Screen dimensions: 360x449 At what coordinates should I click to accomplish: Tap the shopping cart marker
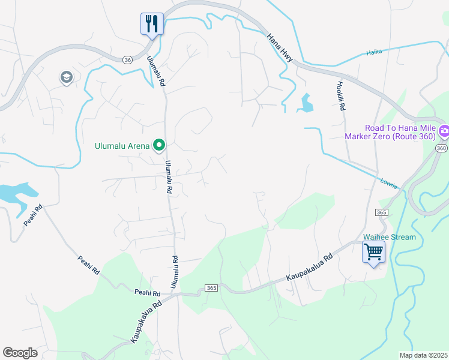(x=373, y=252)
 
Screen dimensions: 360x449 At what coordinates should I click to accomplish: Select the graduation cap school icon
(x=66, y=77)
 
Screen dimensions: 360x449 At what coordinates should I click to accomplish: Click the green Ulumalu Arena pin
(x=160, y=145)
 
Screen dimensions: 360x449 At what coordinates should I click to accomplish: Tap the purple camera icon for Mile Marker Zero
(x=444, y=130)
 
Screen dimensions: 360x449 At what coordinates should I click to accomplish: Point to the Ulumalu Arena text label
(x=122, y=145)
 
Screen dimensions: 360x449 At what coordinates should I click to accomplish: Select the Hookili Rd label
(x=340, y=96)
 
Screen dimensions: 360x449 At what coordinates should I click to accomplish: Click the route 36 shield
(x=127, y=60)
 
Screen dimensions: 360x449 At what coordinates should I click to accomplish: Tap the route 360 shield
(x=442, y=148)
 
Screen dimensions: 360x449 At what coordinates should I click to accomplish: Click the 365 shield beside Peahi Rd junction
(x=211, y=288)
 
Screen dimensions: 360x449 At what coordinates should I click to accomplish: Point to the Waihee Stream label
(x=390, y=237)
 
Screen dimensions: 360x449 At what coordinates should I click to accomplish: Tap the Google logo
(x=20, y=353)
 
